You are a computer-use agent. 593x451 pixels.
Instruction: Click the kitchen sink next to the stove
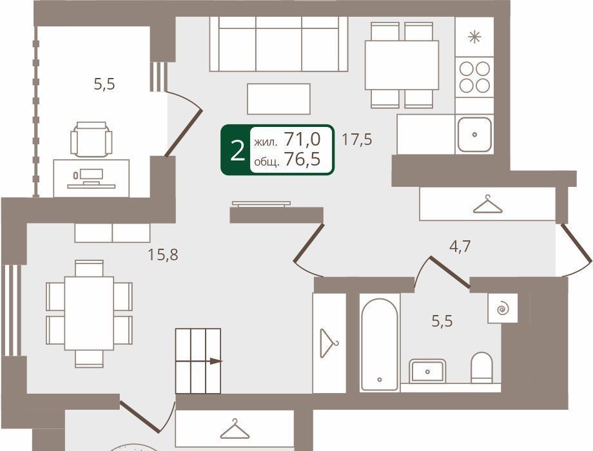[x=474, y=134]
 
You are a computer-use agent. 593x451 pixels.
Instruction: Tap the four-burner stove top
[x=474, y=77]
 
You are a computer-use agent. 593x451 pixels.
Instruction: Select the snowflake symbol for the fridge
[x=474, y=37]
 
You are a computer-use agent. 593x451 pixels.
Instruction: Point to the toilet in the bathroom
[x=482, y=367]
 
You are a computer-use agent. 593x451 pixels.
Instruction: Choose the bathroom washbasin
[x=427, y=370]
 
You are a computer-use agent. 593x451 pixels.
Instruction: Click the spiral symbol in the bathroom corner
[x=503, y=309]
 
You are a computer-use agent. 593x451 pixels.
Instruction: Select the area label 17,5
[x=356, y=140]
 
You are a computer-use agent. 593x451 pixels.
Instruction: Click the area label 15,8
[x=162, y=254]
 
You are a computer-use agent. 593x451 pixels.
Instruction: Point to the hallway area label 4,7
[x=460, y=247]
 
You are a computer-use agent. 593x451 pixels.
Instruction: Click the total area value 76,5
[x=302, y=159]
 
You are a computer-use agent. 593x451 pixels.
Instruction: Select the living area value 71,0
[x=302, y=139]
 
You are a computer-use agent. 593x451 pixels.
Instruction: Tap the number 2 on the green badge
[x=237, y=150]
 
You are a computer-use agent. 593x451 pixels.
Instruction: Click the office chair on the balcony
[x=91, y=139]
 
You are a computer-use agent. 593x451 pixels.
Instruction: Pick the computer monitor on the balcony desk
[x=91, y=175]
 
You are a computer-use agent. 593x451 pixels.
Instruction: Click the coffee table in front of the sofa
[x=278, y=99]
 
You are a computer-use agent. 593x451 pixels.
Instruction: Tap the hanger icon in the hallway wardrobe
[x=487, y=204]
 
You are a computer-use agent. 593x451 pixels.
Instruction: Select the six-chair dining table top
[x=89, y=313]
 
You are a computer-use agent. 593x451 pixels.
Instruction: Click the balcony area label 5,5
[x=104, y=84]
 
